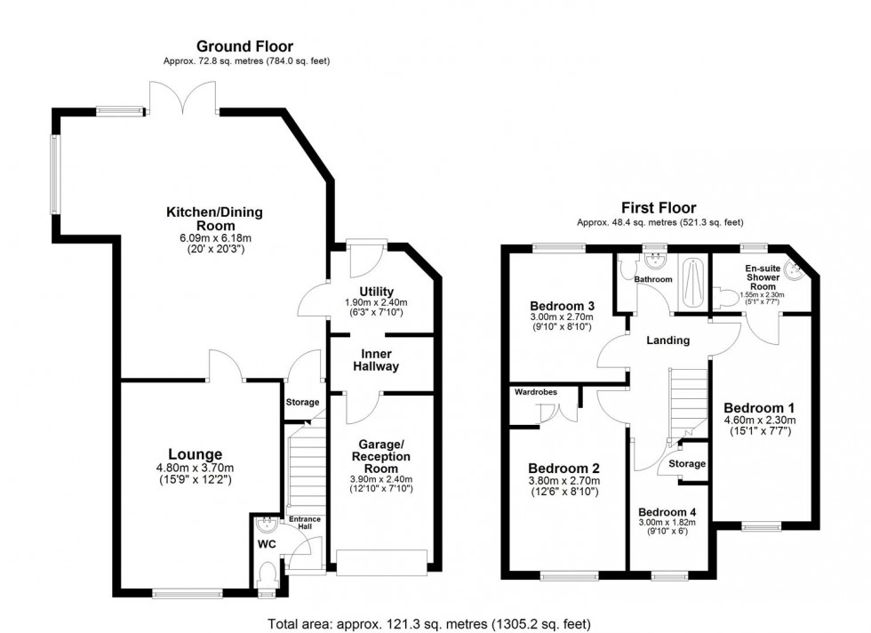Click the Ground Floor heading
click(244, 46)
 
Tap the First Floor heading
click(659, 208)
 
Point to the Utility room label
click(375, 292)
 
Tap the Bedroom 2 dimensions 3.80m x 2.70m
click(563, 482)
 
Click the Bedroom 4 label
click(667, 511)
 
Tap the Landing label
click(667, 340)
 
